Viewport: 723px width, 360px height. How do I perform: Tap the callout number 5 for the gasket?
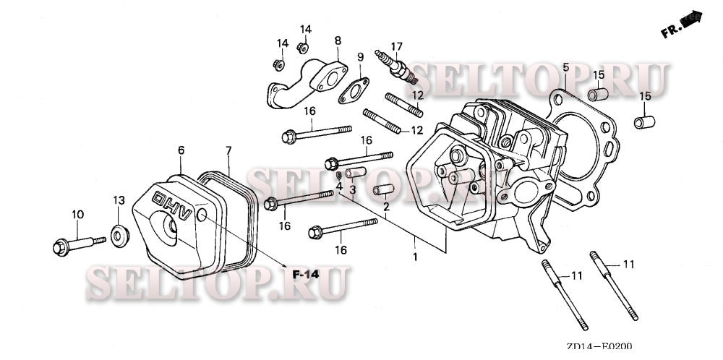pos(566,68)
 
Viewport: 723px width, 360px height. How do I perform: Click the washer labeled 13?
pos(119,235)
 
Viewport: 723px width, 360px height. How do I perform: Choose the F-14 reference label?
pos(305,275)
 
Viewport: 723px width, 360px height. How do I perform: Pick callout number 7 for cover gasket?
pos(228,150)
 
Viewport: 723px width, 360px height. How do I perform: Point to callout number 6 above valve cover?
pos(181,150)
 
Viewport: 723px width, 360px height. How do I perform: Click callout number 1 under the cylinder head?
pos(415,256)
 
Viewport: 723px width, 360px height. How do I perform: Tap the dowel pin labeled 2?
pos(382,191)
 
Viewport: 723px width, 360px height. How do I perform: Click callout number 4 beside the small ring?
pos(339,186)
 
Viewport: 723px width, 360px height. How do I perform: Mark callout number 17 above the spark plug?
pos(396,46)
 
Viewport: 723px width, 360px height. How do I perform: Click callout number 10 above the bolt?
pos(77,214)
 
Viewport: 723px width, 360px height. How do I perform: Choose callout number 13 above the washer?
pos(119,200)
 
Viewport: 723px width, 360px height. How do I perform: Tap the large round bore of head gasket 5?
pos(575,148)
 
